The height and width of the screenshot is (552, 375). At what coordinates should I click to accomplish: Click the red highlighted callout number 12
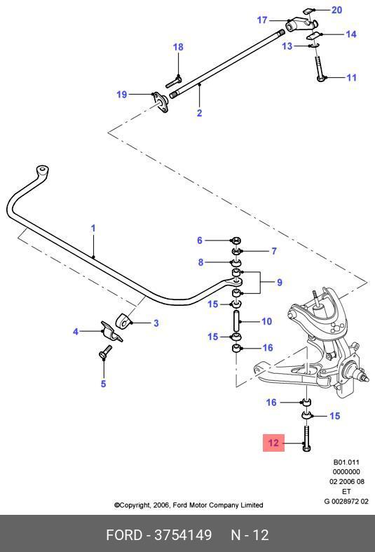pyautogui.click(x=273, y=443)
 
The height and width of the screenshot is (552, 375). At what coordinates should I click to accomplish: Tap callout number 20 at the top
pyautogui.click(x=336, y=10)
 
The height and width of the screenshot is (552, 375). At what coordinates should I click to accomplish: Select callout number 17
pyautogui.click(x=262, y=20)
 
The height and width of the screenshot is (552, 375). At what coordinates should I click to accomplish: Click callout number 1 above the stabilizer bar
pyautogui.click(x=93, y=228)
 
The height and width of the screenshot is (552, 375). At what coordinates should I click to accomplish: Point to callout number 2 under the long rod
pyautogui.click(x=200, y=113)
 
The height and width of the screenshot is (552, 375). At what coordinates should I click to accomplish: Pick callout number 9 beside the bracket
pyautogui.click(x=279, y=282)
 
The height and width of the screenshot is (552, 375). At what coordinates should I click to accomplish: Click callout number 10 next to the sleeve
pyautogui.click(x=266, y=321)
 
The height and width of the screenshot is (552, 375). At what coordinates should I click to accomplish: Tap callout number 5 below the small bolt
pyautogui.click(x=104, y=383)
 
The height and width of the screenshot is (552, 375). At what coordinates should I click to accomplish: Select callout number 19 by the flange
pyautogui.click(x=122, y=95)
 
